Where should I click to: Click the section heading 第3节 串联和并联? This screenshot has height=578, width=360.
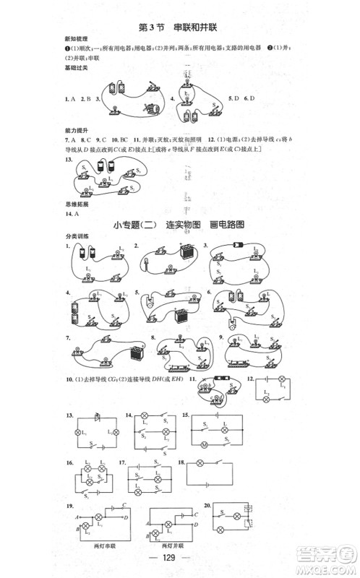(x=177, y=27)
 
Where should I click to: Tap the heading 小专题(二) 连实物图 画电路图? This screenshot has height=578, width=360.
(x=179, y=225)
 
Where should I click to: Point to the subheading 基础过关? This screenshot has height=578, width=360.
(x=74, y=69)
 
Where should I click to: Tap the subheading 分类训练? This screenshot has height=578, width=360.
(x=74, y=237)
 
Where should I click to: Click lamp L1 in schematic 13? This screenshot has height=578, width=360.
(x=79, y=432)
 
